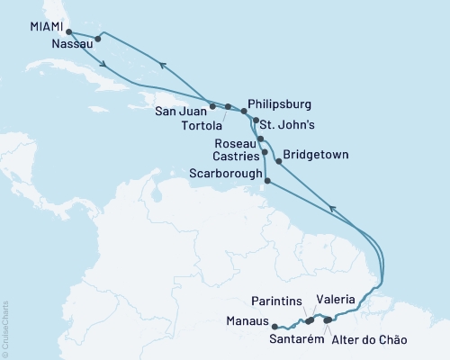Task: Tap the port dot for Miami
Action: [x=69, y=31]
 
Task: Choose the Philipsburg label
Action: [x=285, y=104]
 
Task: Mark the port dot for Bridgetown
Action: [x=278, y=163]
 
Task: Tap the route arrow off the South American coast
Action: [x=333, y=209]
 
